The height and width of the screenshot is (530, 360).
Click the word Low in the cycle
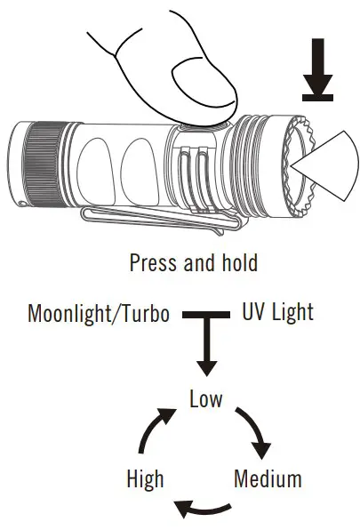(206, 398)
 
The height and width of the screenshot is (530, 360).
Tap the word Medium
(268, 479)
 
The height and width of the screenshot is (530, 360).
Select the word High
(146, 479)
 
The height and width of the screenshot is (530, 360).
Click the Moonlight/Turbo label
(99, 315)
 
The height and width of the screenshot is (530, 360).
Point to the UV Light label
(277, 313)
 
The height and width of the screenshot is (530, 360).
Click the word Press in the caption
(153, 263)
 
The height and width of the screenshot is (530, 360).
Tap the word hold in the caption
(239, 263)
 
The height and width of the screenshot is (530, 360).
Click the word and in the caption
(197, 263)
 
